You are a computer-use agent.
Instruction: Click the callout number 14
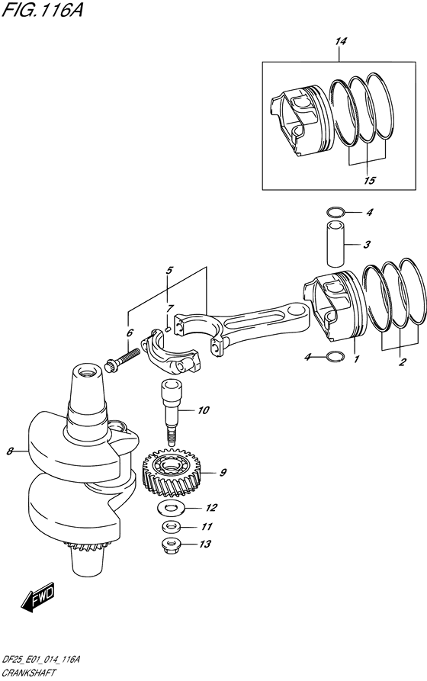341,41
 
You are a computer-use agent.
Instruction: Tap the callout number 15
369,180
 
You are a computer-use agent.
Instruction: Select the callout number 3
367,245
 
